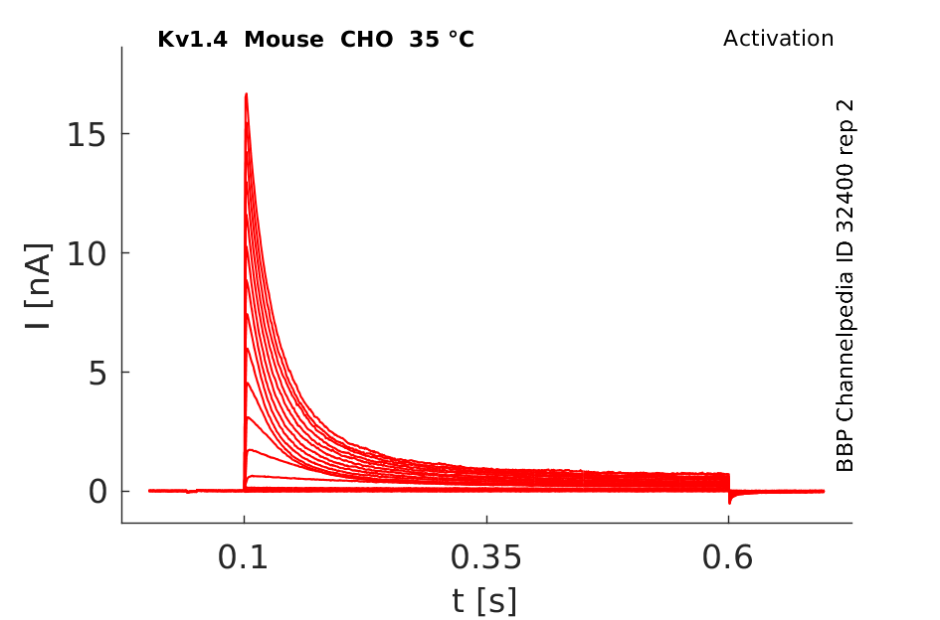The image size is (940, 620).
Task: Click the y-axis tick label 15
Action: [x=87, y=135]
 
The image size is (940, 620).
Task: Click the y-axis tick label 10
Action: [x=87, y=254]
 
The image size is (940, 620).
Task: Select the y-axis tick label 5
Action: [x=97, y=374]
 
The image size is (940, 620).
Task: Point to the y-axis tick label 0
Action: [x=97, y=492]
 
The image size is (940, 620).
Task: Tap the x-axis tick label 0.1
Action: [x=243, y=557]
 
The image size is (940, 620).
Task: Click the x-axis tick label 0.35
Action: [x=486, y=557]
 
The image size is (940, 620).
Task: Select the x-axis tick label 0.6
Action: [x=728, y=557]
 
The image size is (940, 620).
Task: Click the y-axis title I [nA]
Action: [x=39, y=286]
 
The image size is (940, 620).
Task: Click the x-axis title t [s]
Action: [x=484, y=601]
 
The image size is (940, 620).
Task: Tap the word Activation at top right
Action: [x=778, y=39]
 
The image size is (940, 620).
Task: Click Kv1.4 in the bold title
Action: [x=192, y=40]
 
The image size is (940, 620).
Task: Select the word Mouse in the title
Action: [x=283, y=40]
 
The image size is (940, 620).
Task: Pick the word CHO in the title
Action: [x=367, y=40]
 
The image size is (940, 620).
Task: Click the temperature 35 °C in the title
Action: [x=442, y=40]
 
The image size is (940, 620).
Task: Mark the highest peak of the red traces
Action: [x=246, y=94]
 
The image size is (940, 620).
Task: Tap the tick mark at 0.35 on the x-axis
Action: [x=486, y=519]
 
